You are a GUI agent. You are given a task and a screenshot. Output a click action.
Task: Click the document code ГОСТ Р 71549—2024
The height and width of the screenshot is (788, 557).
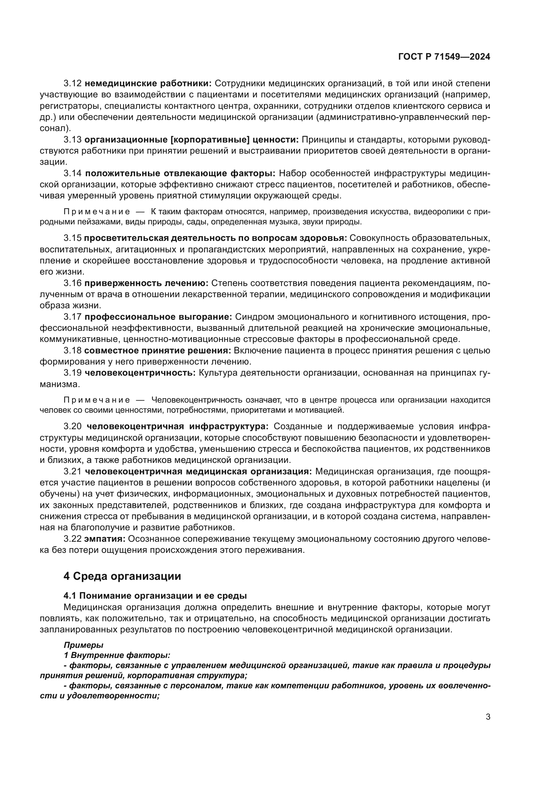444,57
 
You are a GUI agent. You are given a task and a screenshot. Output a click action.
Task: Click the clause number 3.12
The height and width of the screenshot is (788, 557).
72,84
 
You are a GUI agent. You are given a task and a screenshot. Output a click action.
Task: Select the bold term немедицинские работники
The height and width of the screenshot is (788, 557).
148,84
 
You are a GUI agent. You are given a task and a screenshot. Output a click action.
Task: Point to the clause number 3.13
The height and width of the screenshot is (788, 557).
72,140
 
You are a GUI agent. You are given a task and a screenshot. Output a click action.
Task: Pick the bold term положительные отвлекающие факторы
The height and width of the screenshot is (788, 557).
180,173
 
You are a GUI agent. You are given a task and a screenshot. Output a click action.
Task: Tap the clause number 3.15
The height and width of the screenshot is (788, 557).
72,238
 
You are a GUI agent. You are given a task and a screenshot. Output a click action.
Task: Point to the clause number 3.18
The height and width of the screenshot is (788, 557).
72,350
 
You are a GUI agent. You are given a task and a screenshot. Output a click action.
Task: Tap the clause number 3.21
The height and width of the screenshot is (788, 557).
72,472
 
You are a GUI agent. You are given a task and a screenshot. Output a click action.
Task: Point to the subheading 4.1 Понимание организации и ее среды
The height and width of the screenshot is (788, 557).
155,596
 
